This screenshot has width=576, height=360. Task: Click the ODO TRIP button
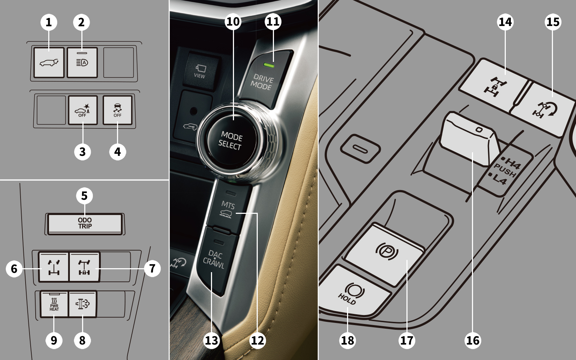85,224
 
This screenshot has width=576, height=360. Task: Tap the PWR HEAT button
54,304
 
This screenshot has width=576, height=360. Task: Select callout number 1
49,22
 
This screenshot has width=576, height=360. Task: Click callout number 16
473,340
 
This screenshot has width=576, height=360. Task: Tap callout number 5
84,196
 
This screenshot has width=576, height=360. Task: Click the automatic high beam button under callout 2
82,62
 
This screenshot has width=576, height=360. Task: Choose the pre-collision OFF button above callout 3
82,110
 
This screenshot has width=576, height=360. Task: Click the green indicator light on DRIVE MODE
269,66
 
